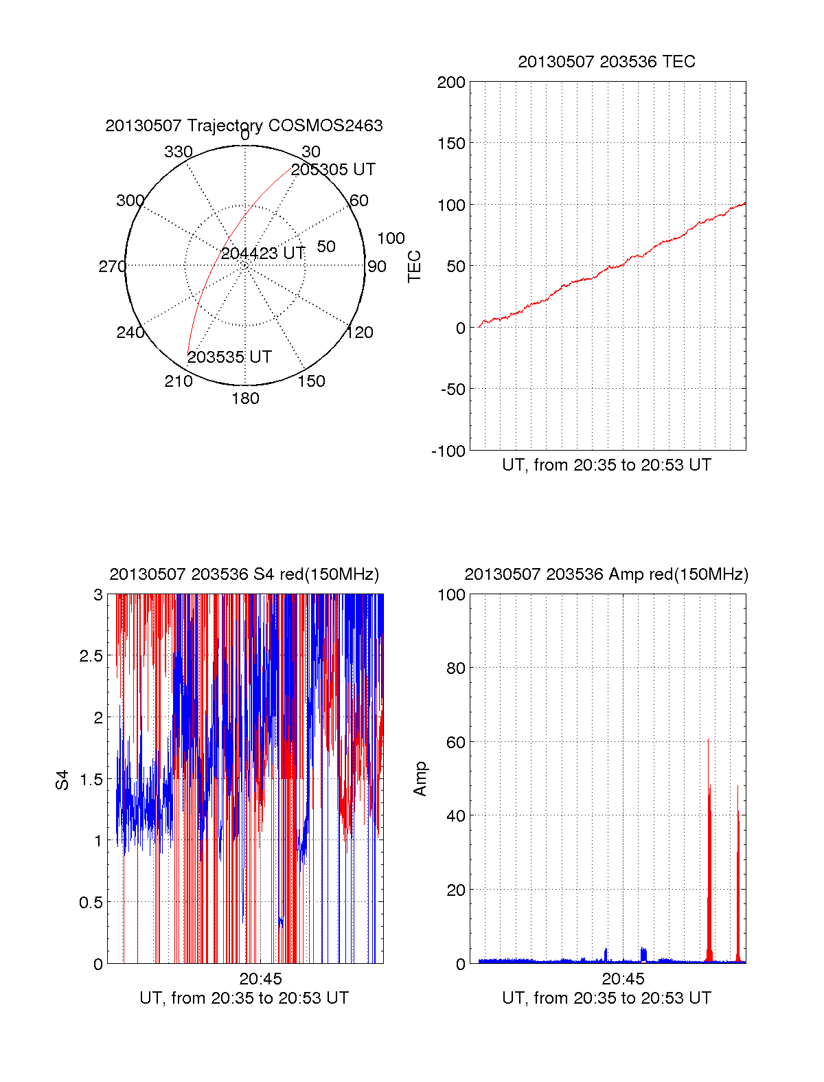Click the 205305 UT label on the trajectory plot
coord(333,170)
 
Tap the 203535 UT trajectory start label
coord(229,357)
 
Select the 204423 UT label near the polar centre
coord(263,253)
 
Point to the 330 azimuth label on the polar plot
coord(179,152)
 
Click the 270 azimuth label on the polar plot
coord(112,267)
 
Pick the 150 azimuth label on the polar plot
coord(311,381)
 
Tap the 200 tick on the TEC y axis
coord(451,83)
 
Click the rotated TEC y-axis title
coord(415,267)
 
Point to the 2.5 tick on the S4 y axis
coord(91,656)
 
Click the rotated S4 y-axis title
coord(62,780)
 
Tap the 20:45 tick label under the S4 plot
coord(260,979)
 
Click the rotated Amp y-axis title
coord(420,779)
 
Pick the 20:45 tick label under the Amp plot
coord(623,979)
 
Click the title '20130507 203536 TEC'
coord(606,62)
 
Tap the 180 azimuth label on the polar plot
coord(245,399)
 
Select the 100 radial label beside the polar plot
coord(391,239)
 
